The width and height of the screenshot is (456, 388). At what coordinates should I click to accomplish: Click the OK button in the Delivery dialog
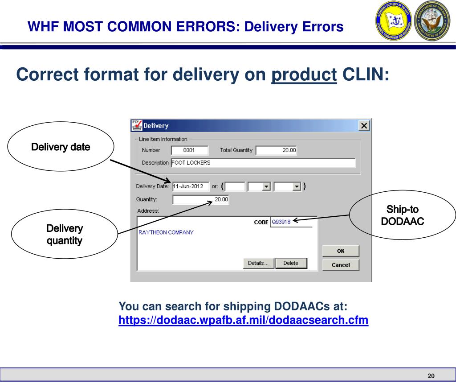coord(341,251)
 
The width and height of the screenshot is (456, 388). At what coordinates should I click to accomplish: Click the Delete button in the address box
coord(291,263)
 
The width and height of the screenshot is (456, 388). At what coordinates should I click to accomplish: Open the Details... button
coord(258,263)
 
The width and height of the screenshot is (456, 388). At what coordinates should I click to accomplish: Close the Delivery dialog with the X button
coord(365,126)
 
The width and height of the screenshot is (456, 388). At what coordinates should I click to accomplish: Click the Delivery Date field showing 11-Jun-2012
coord(190,186)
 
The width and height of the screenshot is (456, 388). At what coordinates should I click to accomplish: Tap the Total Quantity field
coord(277,150)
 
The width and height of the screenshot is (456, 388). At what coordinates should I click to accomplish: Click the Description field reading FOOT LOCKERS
coord(263,163)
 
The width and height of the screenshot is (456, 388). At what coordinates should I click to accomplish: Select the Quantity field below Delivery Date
coord(200,199)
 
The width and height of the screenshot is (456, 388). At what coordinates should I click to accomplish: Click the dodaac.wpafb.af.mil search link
coord(243,320)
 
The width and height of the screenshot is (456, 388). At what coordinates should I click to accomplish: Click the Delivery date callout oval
coord(61,147)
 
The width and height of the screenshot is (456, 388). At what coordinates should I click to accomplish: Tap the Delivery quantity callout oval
coord(65,235)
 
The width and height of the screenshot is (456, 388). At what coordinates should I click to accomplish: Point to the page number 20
coord(431,376)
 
